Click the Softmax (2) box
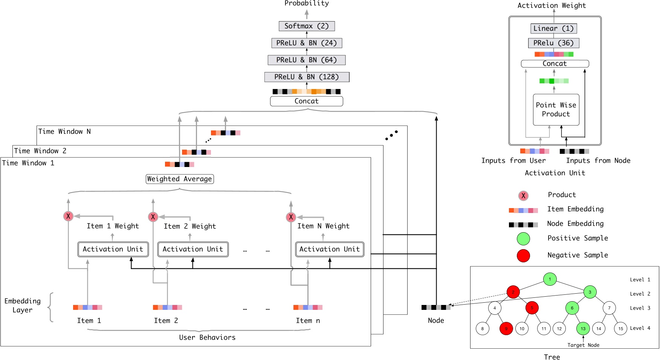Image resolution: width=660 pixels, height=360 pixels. click(x=307, y=26)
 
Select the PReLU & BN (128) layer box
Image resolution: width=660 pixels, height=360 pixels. click(x=307, y=77)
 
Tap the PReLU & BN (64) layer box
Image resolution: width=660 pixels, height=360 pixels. click(x=307, y=60)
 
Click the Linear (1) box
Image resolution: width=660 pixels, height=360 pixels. click(x=553, y=28)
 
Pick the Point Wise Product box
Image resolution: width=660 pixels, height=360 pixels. click(x=556, y=110)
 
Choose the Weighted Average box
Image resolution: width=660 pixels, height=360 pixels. click(x=180, y=179)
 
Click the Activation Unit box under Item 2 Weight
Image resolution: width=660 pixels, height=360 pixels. click(x=193, y=249)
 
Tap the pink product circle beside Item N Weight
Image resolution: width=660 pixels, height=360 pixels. click(x=291, y=217)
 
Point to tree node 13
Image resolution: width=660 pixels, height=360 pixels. click(x=583, y=329)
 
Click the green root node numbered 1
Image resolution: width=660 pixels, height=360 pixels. click(x=550, y=279)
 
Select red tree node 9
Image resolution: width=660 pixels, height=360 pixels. click(x=506, y=329)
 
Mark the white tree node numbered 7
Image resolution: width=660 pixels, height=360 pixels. click(x=609, y=308)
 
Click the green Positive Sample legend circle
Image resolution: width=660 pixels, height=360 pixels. click(x=523, y=239)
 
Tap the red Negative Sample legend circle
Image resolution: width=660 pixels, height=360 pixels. click(x=523, y=256)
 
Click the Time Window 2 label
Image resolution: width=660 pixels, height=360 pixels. click(x=40, y=151)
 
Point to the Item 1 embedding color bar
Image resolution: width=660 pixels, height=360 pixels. click(x=87, y=308)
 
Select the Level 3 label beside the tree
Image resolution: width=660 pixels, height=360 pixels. click(x=640, y=308)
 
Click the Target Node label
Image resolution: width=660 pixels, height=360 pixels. click(x=583, y=345)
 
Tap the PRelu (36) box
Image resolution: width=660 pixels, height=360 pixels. click(x=553, y=43)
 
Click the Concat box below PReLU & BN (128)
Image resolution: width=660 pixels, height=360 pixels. click(x=307, y=101)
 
